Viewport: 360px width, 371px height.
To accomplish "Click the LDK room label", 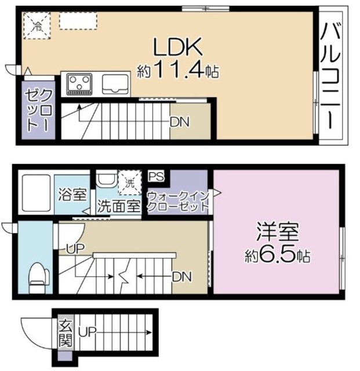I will coord(177,46).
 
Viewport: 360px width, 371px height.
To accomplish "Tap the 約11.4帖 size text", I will coord(177,71).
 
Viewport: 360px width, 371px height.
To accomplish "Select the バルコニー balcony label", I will coord(332,75).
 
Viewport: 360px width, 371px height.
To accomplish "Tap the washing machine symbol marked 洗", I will coord(129,181).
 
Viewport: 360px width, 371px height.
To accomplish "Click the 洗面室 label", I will coord(118,205).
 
